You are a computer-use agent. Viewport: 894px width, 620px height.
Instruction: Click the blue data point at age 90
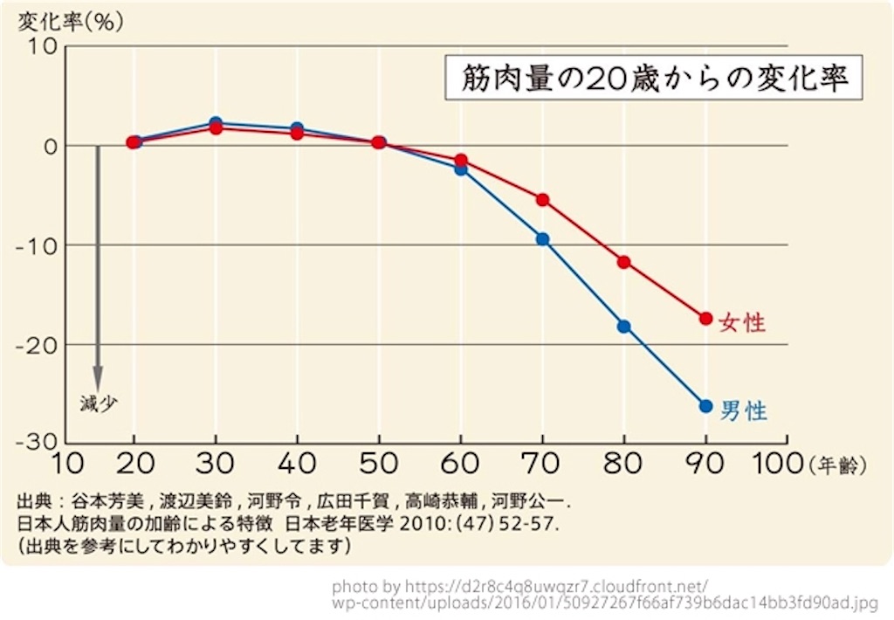705,406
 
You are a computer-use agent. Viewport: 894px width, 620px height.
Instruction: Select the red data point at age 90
705,318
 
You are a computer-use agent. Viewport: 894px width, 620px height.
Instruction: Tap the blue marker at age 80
623,327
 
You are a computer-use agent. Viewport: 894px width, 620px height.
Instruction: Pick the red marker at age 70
542,200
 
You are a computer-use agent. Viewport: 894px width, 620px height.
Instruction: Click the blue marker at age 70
542,239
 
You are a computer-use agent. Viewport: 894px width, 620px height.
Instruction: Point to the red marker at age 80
623,262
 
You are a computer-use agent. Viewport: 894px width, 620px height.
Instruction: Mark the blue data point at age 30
216,123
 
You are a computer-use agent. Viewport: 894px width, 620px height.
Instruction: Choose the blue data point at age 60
461,169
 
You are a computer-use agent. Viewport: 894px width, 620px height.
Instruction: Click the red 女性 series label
742,323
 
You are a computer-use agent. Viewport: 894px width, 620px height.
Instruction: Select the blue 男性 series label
743,410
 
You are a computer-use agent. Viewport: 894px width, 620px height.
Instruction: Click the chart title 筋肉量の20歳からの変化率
650,79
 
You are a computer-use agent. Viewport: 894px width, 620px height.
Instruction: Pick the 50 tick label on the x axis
379,463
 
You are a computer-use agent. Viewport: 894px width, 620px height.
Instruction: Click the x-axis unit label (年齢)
839,465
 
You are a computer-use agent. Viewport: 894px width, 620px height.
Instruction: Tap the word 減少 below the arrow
97,403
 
